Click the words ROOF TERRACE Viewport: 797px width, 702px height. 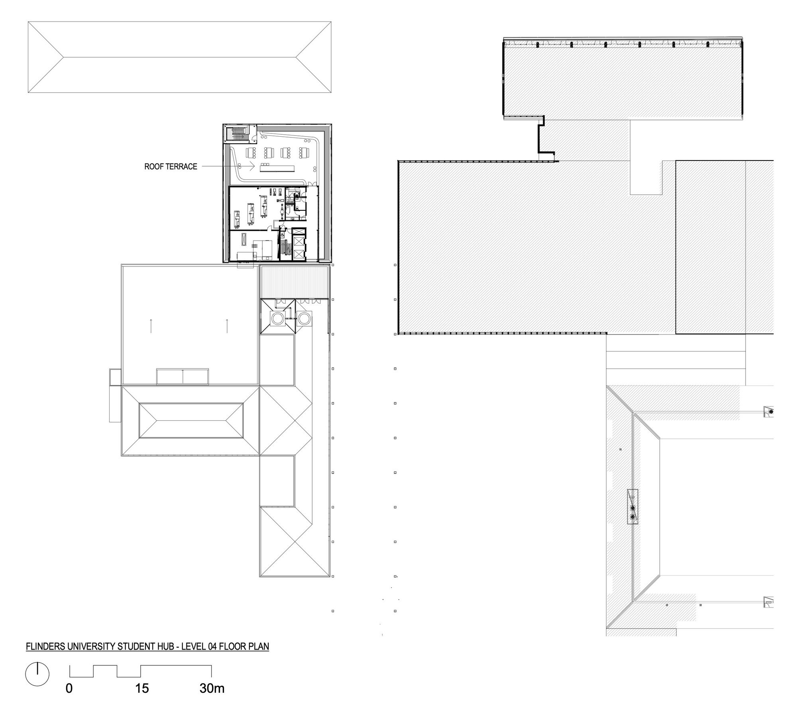click(171, 167)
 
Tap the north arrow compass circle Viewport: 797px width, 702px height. click(37, 674)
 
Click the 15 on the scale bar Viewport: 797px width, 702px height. click(142, 688)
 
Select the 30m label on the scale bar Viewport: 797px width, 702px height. click(212, 688)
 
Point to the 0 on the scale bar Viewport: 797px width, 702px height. click(69, 688)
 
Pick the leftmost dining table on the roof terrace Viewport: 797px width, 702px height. click(251, 153)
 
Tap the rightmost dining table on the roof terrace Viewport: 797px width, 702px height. click(306, 153)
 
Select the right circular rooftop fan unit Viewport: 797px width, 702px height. click(305, 318)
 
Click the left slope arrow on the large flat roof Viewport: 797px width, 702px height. click(151, 326)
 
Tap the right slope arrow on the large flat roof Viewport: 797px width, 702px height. click(227, 326)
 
